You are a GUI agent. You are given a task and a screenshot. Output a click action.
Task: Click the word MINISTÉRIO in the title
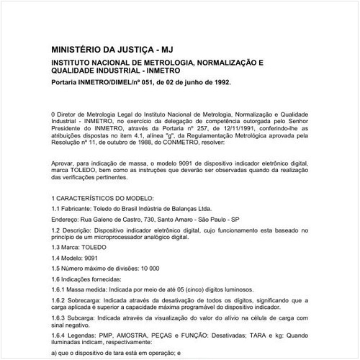click(80, 50)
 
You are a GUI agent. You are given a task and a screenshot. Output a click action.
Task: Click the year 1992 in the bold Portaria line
click(218, 83)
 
